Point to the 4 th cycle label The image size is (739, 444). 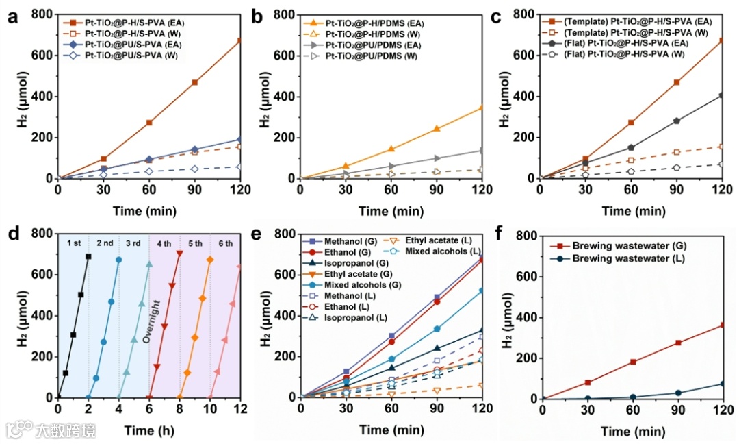[164, 243]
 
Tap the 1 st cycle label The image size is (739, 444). [74, 243]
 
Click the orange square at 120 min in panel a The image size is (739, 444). [239, 41]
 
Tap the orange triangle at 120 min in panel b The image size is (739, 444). [482, 108]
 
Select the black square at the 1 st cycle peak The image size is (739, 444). [88, 257]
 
